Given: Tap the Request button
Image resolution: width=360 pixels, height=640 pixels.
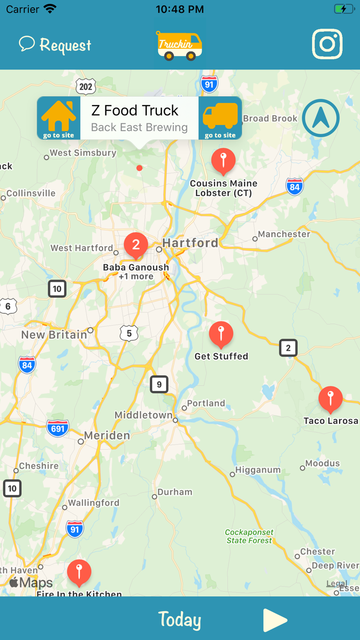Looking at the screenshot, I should [x=55, y=45].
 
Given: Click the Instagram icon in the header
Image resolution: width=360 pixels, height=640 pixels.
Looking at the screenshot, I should [x=327, y=44].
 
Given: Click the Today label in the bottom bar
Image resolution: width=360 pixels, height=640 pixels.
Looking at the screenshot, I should [x=179, y=620].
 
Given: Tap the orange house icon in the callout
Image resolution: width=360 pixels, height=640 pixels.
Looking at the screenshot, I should [x=59, y=118].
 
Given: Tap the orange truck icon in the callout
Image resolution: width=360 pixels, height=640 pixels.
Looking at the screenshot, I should [x=220, y=118].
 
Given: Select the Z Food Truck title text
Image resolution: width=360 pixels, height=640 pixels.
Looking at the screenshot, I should [x=135, y=111].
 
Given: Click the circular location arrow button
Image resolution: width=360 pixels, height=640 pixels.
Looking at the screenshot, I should [x=321, y=118].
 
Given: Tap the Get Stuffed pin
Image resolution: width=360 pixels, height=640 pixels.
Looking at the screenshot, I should [x=221, y=334].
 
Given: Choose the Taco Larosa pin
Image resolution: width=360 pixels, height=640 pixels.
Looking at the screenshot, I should [x=330, y=399].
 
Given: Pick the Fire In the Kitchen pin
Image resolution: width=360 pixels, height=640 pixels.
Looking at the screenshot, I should [x=79, y=572].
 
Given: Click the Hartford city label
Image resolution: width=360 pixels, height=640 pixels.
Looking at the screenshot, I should [x=190, y=243].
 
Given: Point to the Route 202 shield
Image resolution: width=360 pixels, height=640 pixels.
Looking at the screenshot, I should [x=85, y=86].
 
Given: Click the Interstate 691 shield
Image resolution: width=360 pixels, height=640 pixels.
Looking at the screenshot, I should [x=58, y=428].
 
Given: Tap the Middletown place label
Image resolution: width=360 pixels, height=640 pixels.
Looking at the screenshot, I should [x=143, y=415].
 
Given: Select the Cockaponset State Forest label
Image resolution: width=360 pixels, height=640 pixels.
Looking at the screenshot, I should [x=249, y=537].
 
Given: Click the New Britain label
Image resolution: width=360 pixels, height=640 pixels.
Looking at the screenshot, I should [x=54, y=335].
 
